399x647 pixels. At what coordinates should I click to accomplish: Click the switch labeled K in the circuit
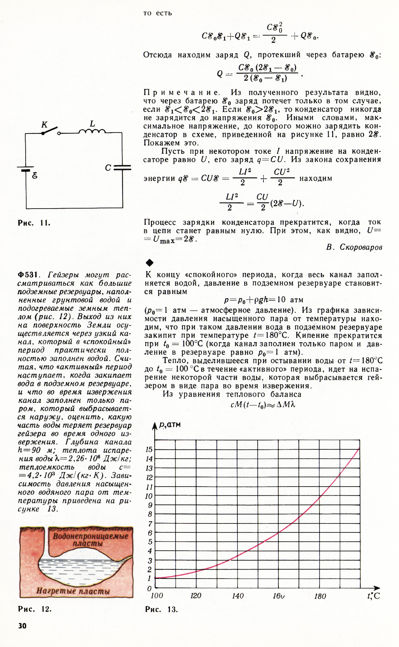(x=51, y=131)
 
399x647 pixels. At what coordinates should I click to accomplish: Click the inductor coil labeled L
(x=92, y=131)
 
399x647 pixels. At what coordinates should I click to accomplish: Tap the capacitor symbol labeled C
(x=122, y=168)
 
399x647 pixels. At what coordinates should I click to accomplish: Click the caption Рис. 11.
(x=34, y=223)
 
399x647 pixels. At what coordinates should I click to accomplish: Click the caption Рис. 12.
(x=35, y=609)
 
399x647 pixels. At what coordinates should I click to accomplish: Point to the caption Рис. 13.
(x=161, y=609)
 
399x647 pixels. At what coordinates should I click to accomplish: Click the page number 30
(x=22, y=626)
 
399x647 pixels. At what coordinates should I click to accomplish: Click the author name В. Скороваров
(x=354, y=247)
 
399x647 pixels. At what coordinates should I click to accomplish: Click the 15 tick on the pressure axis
(x=149, y=450)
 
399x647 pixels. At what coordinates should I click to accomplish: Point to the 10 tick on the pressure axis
(x=149, y=496)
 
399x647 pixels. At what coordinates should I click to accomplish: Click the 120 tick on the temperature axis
(x=196, y=596)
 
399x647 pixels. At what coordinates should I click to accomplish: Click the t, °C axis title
(x=373, y=596)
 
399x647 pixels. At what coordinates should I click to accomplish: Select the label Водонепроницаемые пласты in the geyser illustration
(x=90, y=540)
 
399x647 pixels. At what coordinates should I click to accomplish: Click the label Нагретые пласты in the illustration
(x=73, y=591)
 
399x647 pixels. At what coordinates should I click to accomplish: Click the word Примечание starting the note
(x=182, y=92)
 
